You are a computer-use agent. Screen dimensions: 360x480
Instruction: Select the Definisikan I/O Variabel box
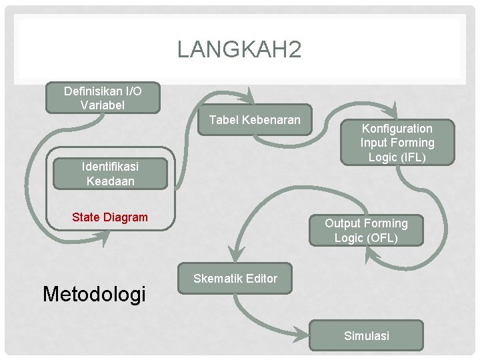(x=103, y=97)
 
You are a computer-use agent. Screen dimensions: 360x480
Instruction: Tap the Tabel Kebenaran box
(x=255, y=120)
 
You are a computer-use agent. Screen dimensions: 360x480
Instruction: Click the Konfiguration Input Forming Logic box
(x=397, y=143)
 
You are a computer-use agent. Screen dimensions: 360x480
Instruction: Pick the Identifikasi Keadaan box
(x=110, y=173)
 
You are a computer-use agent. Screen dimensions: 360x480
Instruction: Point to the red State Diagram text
(x=109, y=217)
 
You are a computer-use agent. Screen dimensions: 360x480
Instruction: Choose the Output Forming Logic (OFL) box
(x=365, y=231)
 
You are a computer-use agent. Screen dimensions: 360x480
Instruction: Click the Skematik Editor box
(x=235, y=279)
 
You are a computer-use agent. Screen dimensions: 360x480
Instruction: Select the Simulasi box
(x=366, y=336)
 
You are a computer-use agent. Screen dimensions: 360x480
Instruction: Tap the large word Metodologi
(x=93, y=293)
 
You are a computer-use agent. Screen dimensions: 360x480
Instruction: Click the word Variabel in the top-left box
(x=102, y=105)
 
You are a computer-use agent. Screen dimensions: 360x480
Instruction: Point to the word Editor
(x=259, y=279)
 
